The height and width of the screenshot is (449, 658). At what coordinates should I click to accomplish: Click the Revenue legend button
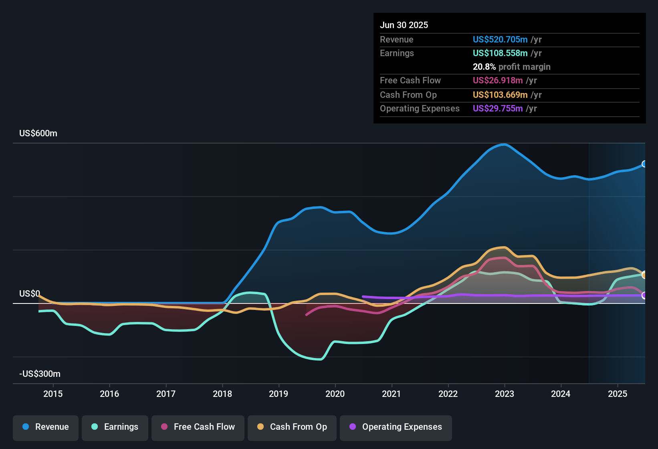[x=46, y=427]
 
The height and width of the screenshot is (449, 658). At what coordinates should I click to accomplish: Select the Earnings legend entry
[x=115, y=427]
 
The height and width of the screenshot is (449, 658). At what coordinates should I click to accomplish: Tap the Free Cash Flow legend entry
[x=198, y=427]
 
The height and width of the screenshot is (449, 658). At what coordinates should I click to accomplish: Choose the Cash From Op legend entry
[x=292, y=427]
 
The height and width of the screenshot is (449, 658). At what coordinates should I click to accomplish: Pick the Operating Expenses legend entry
[x=396, y=427]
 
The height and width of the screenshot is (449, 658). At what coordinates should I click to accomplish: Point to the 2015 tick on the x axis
[x=53, y=394]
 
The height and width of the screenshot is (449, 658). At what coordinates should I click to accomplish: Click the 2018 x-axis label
[x=222, y=394]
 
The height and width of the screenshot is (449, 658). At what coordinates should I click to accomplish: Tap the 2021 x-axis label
[x=392, y=394]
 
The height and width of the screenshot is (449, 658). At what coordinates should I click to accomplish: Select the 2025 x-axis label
[x=618, y=394]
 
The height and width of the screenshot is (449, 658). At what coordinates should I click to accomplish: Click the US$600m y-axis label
[x=38, y=133]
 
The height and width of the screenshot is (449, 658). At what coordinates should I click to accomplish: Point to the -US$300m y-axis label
[x=40, y=374]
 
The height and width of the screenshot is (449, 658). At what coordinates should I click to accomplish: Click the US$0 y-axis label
[x=30, y=294]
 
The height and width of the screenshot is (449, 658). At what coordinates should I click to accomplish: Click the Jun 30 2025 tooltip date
[x=404, y=25]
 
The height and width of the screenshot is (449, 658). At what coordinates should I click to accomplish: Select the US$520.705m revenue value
[x=500, y=40]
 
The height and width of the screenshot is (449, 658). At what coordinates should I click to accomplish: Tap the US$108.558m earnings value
[x=500, y=53]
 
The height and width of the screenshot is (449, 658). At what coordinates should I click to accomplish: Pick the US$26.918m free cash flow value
[x=498, y=81]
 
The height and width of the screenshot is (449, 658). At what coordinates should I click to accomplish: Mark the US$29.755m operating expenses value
[x=498, y=109]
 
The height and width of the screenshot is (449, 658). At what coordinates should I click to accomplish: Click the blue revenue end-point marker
[x=644, y=164]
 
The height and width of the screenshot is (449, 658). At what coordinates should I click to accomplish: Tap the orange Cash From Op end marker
[x=644, y=275]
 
